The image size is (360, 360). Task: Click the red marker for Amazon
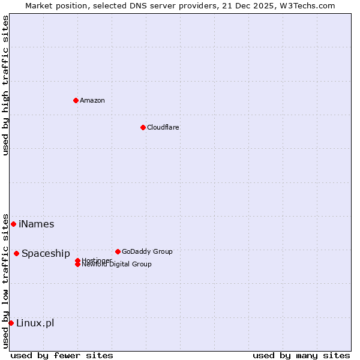(76, 100)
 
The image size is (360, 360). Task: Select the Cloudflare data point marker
(143, 127)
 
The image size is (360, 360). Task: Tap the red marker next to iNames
(13, 224)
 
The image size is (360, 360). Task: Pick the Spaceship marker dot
(16, 253)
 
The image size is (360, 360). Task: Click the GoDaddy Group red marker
(118, 251)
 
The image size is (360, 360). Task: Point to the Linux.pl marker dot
(11, 323)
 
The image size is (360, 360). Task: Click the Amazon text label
(92, 100)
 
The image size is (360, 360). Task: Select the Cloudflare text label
(163, 127)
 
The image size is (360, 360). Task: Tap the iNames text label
(36, 224)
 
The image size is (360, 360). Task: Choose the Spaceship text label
(46, 253)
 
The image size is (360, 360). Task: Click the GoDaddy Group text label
(147, 251)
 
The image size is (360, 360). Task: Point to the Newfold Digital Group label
(116, 265)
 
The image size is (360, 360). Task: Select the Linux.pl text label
(35, 323)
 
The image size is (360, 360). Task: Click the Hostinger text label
(97, 260)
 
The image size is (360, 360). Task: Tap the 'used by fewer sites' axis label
(62, 355)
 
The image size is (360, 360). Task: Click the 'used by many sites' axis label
(301, 355)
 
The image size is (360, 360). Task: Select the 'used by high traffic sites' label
(5, 85)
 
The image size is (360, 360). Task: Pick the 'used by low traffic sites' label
(5, 280)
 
